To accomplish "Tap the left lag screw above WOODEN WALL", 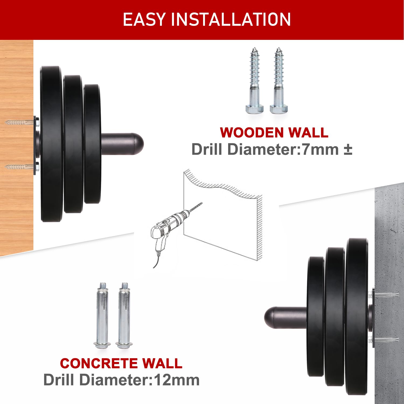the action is click(x=254, y=81).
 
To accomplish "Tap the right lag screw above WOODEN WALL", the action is click(x=279, y=81).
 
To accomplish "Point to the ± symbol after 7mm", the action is click(x=348, y=150).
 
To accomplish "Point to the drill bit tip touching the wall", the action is click(x=201, y=203).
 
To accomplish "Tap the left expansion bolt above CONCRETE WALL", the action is click(x=102, y=315).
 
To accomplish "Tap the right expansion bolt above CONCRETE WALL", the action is click(x=124, y=315).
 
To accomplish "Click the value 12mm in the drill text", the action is click(x=176, y=380).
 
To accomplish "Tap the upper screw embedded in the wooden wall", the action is click(x=19, y=123).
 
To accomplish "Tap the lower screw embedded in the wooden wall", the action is click(x=19, y=167).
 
